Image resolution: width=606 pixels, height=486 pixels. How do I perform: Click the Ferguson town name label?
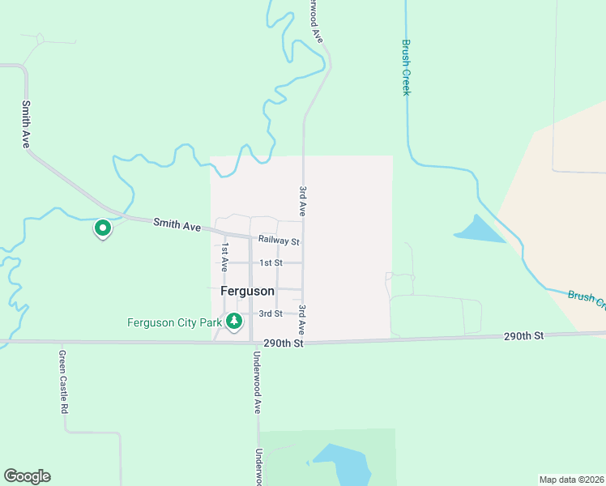point(247,291)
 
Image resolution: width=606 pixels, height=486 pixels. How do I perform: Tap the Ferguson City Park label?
point(174,322)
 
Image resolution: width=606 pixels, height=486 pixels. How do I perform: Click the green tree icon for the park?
point(234,322)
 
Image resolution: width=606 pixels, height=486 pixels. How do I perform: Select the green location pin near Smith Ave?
point(103,229)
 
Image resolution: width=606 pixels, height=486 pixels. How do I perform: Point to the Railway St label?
point(279,241)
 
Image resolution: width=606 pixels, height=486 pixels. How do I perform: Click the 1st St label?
point(271,263)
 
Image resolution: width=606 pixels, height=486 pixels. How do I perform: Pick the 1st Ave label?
point(225,257)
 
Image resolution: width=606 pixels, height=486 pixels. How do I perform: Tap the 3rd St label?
point(270,313)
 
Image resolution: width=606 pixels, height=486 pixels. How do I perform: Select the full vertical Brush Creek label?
point(407,68)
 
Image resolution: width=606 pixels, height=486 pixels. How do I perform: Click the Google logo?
point(27,476)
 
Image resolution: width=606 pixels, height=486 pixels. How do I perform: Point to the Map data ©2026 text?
point(571,479)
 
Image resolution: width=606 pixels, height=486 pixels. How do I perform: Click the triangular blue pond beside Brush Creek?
point(482,231)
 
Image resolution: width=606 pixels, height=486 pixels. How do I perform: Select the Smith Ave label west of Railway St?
point(177,226)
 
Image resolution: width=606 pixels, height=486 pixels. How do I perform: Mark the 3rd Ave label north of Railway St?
point(302,201)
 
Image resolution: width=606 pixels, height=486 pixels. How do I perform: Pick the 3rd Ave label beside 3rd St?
point(301,320)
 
